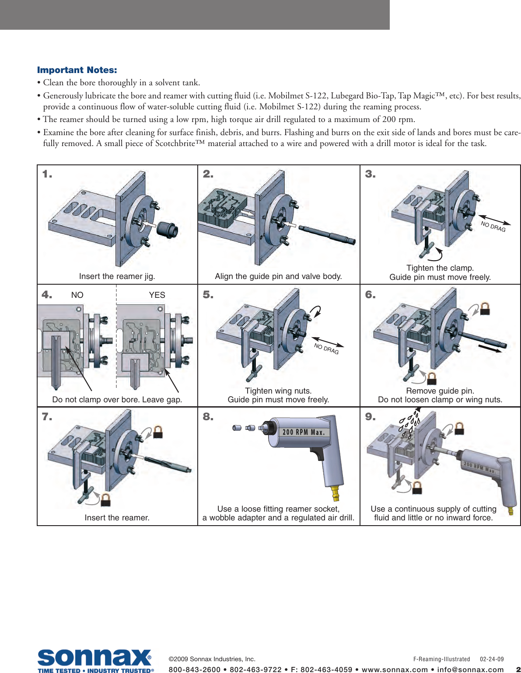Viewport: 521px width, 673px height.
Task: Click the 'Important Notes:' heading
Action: click(x=77, y=70)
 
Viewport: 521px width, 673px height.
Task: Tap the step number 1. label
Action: click(x=47, y=174)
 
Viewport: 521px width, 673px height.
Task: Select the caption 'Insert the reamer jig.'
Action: click(x=117, y=276)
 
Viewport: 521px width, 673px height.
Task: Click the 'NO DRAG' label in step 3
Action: click(x=493, y=226)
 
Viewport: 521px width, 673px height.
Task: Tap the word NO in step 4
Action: click(x=77, y=295)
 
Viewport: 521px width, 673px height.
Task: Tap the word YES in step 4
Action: click(x=157, y=295)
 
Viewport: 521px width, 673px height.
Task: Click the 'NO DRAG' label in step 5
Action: click(x=326, y=349)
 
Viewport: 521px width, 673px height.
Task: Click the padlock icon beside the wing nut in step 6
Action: click(x=485, y=309)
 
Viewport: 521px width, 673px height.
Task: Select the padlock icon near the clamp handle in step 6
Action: click(x=432, y=378)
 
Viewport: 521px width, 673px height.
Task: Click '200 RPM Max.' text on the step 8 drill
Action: click(x=303, y=432)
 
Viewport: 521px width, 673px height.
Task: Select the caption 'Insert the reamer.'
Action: click(x=117, y=518)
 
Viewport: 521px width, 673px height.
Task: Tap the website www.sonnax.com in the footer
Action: click(x=395, y=670)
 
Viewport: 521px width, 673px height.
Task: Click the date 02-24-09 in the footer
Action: click(x=492, y=659)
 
